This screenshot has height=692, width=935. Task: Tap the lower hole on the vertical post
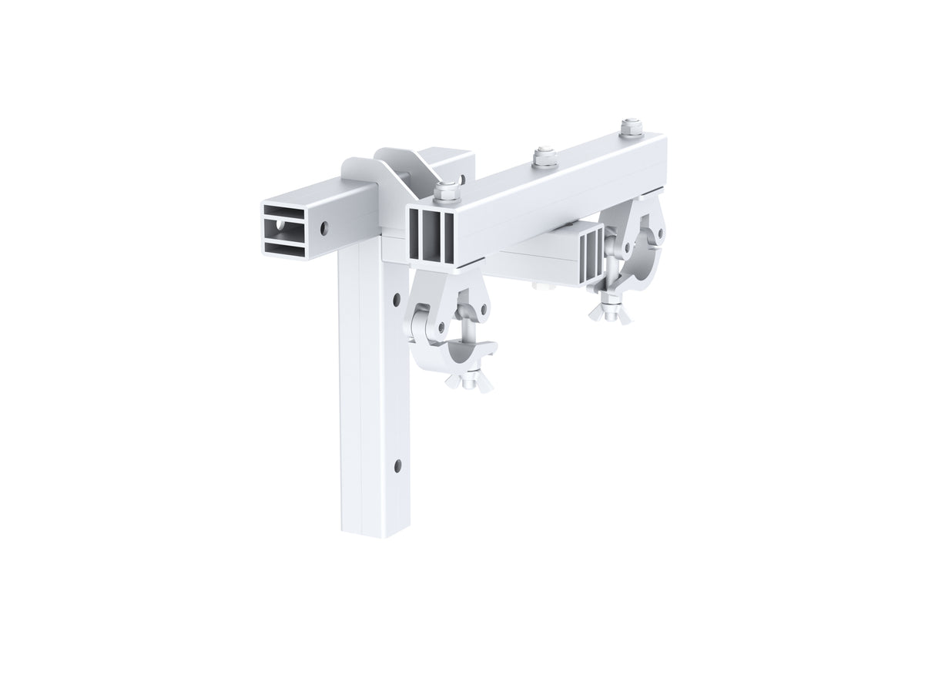point(397,464)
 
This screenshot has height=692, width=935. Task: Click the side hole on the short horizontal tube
point(324,227)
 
